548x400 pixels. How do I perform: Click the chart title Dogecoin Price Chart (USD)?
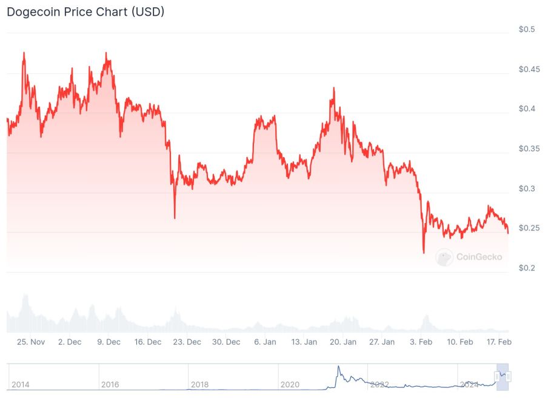coord(85,12)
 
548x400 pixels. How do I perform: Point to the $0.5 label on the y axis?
coord(526,30)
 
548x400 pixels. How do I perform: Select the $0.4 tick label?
coord(526,109)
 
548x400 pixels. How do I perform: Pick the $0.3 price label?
coord(526,188)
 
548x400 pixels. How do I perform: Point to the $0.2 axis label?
coord(526,268)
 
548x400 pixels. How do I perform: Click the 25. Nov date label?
coord(31,342)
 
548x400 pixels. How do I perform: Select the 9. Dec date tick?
coord(109,342)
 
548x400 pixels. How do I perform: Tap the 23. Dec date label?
coord(187,342)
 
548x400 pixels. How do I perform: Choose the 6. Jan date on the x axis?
coord(265,342)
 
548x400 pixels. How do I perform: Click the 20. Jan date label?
coord(343,342)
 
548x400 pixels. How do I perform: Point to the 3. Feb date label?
coord(421,342)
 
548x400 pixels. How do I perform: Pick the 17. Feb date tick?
coord(499,342)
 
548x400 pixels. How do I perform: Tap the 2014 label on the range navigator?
coord(21,384)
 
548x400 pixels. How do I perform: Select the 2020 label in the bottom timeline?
coord(290,384)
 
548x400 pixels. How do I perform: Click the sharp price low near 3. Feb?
coord(424,252)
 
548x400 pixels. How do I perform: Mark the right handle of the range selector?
coord(508,377)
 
